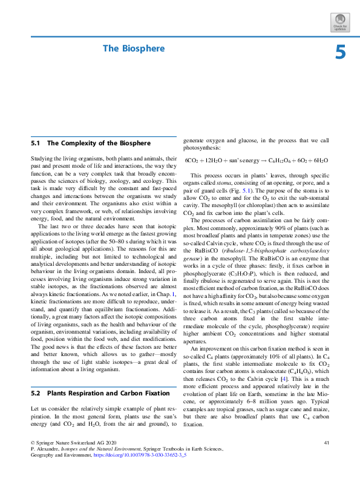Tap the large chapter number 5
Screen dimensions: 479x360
click(x=341, y=53)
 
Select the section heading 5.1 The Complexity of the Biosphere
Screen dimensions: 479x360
click(x=90, y=144)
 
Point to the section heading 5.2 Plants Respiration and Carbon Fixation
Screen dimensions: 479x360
click(x=99, y=377)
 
